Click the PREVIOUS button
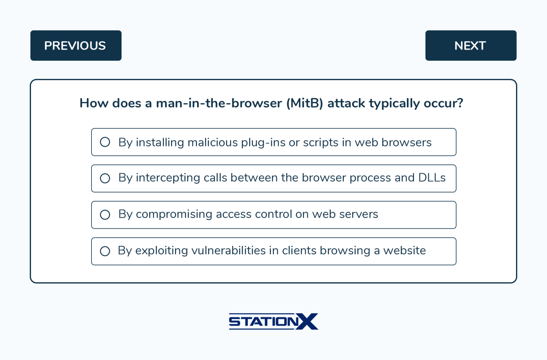tap(76, 46)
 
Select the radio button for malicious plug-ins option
tap(105, 142)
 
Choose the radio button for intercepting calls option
tap(105, 178)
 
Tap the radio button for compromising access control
tap(105, 215)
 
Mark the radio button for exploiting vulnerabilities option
tap(105, 251)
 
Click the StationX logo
tap(273, 321)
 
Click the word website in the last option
tap(404, 251)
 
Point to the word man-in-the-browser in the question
tap(219, 103)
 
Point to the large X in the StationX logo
tap(307, 321)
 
